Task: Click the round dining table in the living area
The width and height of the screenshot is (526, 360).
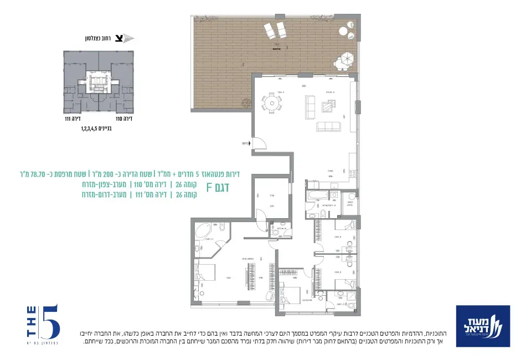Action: [x=271, y=102]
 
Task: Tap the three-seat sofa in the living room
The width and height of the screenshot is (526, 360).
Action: [x=329, y=126]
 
